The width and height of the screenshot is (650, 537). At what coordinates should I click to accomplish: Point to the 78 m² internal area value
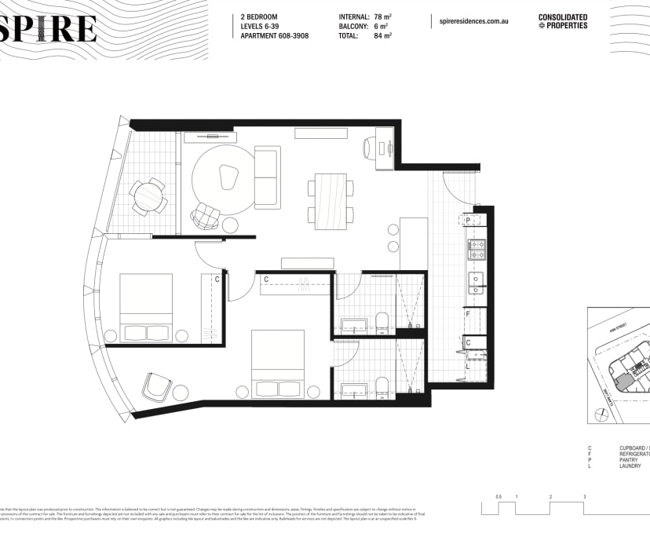click(x=383, y=16)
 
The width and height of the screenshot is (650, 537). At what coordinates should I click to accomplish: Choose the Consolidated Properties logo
click(x=562, y=21)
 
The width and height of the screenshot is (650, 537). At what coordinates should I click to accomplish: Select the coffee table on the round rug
click(x=228, y=177)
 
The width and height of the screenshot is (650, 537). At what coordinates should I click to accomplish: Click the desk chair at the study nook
click(x=371, y=148)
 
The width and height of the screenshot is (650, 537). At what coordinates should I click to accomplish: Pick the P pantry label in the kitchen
click(x=468, y=221)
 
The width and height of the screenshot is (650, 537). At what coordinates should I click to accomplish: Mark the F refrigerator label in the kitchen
click(x=468, y=314)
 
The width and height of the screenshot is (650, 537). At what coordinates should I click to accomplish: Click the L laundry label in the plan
click(x=468, y=366)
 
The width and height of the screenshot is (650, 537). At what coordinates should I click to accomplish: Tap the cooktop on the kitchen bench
click(x=477, y=250)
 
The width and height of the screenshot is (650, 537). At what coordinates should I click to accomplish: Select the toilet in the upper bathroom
click(x=382, y=320)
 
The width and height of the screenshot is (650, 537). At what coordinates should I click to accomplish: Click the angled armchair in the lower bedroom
click(x=155, y=386)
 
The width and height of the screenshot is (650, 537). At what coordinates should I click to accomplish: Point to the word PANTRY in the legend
click(x=630, y=460)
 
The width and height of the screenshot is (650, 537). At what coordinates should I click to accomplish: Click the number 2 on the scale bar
click(x=550, y=497)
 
